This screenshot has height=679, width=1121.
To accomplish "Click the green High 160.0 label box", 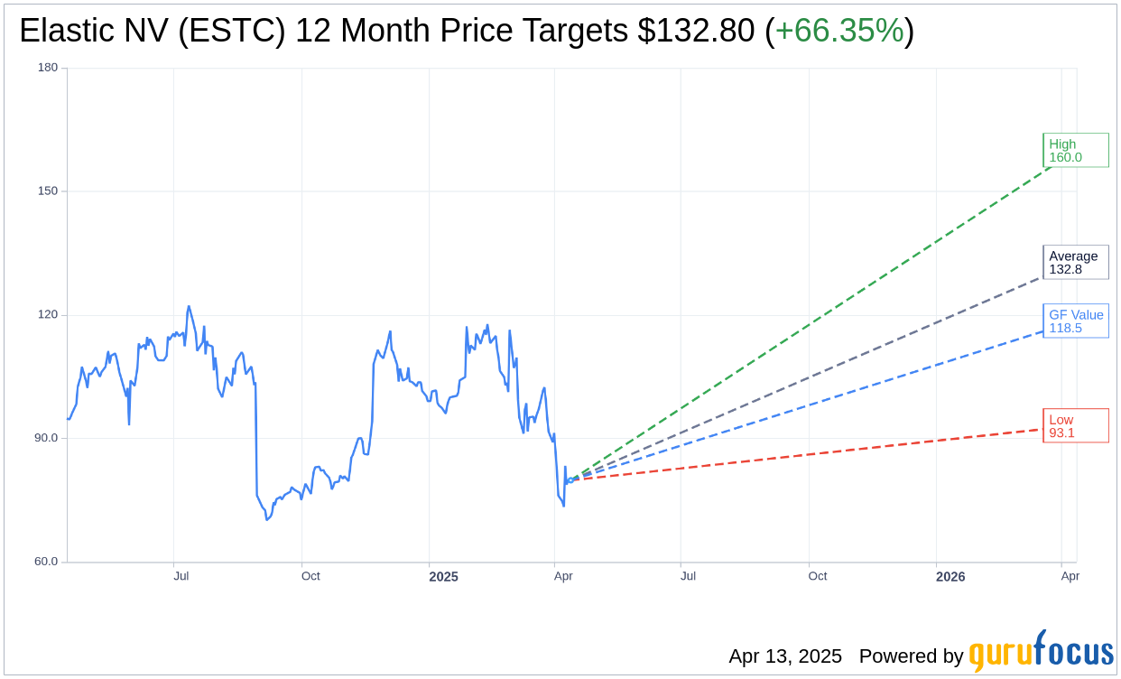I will (1075, 151).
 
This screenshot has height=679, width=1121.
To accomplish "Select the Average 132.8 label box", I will (1075, 263).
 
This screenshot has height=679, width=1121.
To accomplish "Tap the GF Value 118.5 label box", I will (1075, 321).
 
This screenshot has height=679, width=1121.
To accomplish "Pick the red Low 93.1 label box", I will (1075, 426).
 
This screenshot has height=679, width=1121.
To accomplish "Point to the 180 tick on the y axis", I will (48, 68).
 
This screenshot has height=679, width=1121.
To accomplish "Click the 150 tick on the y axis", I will (48, 191).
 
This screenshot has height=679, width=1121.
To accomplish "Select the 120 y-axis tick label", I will (48, 315).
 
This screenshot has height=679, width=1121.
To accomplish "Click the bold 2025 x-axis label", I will (443, 577).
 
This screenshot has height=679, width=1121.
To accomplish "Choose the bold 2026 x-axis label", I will (950, 577).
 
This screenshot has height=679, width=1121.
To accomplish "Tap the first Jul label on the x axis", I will (181, 576).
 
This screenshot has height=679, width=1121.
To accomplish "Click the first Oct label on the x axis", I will (310, 576).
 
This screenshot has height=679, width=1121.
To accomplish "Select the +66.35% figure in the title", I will (839, 32).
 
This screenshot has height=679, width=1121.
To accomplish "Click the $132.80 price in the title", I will (695, 32).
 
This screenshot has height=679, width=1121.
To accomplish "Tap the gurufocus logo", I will (1041, 652).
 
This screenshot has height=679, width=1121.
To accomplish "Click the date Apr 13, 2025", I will (785, 656).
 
